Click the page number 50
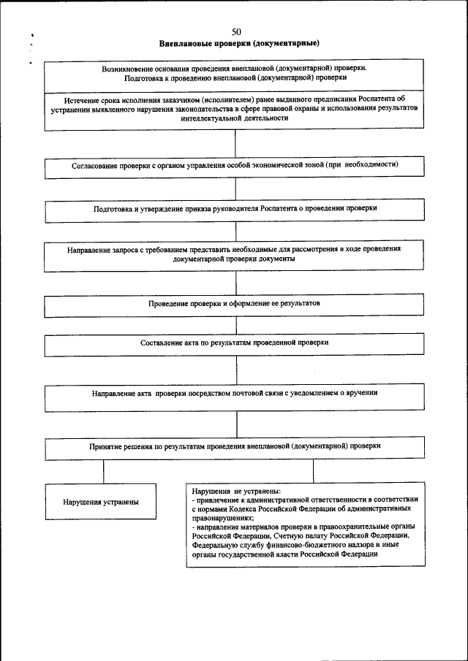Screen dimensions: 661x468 click(x=235, y=31)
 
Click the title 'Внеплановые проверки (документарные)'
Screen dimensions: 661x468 click(x=235, y=43)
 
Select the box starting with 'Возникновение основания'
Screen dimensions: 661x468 click(x=235, y=73)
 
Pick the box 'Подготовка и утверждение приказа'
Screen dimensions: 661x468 click(x=235, y=209)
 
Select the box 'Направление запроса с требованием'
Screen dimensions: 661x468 click(x=235, y=254)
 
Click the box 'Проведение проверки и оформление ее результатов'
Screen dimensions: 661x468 click(x=235, y=303)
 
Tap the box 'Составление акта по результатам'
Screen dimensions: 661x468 click(x=235, y=343)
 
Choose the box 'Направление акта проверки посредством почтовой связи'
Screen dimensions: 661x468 click(x=235, y=394)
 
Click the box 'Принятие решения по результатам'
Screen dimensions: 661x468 click(x=235, y=446)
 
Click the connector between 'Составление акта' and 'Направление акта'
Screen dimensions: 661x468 click(x=235, y=368)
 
